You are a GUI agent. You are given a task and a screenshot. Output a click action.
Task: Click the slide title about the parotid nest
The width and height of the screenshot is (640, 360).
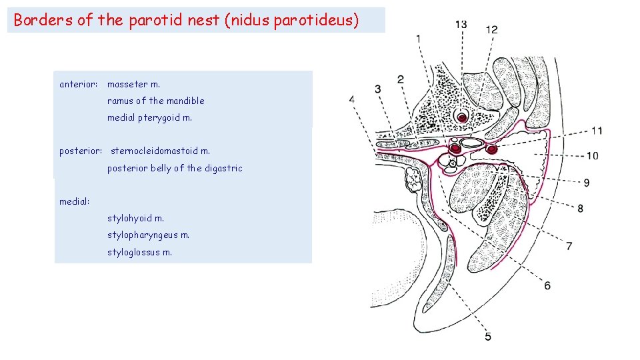(x=186, y=20)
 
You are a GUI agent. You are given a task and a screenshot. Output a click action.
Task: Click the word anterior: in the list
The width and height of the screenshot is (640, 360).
(x=79, y=85)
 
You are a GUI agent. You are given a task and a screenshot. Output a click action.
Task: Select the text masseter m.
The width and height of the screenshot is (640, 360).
(x=134, y=85)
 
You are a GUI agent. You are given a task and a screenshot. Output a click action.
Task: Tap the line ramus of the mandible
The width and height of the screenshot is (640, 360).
(x=156, y=101)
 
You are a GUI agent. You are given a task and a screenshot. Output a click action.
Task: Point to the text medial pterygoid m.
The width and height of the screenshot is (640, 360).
(x=149, y=118)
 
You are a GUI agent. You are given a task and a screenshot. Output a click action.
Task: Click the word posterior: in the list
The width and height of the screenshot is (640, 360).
(x=81, y=151)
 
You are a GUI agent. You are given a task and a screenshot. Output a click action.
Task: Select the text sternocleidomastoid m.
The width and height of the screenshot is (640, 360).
(x=160, y=151)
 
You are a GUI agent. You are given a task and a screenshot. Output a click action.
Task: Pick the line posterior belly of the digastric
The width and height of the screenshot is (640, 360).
(x=175, y=169)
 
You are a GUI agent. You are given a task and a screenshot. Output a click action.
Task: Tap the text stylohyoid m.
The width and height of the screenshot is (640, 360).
(x=135, y=218)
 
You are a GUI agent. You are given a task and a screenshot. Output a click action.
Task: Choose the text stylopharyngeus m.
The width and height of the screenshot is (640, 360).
(x=148, y=235)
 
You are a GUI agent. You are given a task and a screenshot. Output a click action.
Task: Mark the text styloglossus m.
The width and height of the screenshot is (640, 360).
(x=139, y=252)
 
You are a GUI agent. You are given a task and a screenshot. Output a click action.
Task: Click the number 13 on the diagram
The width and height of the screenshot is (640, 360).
(x=461, y=25)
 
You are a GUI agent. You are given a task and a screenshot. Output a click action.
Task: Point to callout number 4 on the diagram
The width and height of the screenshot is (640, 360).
(x=352, y=100)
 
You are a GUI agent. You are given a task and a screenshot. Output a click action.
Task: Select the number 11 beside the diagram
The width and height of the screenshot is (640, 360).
(x=597, y=131)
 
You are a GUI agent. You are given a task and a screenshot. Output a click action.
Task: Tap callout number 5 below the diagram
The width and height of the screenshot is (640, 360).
(x=488, y=337)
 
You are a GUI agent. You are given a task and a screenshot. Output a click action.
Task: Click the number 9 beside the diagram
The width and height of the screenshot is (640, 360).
(x=586, y=183)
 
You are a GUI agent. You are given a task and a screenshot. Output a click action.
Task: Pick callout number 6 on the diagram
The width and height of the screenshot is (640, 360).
(x=547, y=285)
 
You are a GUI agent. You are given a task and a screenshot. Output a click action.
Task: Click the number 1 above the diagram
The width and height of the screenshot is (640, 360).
(x=418, y=39)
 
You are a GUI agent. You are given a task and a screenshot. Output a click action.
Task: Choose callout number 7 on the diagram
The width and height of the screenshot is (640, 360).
(x=569, y=246)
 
